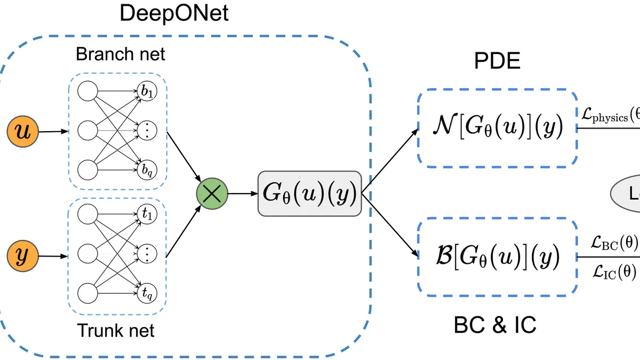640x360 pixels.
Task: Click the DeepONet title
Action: (174, 13)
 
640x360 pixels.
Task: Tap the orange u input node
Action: (21, 133)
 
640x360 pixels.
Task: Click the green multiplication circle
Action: (212, 194)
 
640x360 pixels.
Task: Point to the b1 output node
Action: (146, 92)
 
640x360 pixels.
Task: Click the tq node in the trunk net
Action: (146, 292)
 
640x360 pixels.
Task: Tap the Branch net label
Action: (121, 54)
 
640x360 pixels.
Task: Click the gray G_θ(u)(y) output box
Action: (309, 194)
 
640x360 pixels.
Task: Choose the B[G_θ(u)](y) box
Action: (497, 259)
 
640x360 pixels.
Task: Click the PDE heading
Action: (497, 62)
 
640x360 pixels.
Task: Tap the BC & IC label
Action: (495, 325)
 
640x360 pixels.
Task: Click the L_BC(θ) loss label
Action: (614, 243)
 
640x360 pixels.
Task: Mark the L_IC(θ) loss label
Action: (614, 273)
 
